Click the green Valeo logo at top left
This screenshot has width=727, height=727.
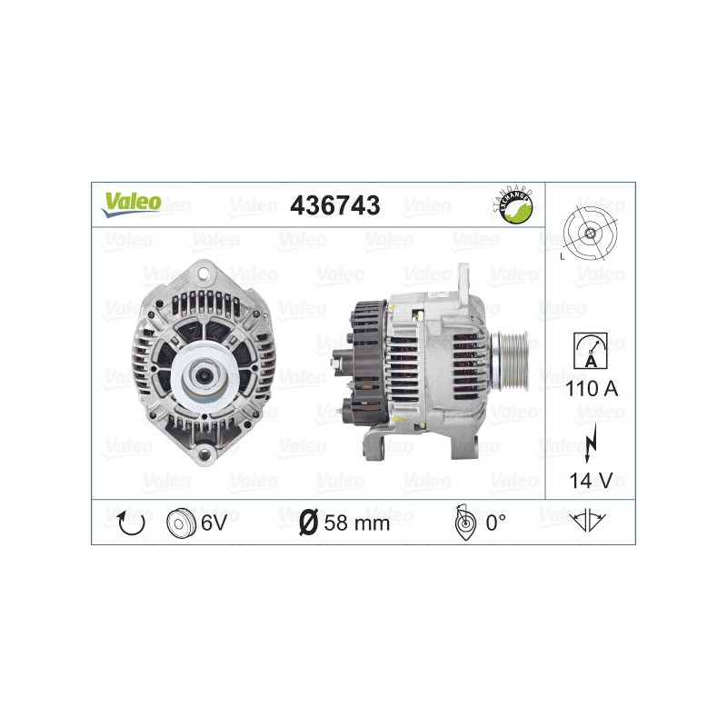coord(131,204)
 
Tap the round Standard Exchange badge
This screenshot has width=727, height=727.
coord(512,205)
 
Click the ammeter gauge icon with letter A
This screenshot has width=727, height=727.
coord(591,350)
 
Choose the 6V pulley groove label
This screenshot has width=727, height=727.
coord(214,523)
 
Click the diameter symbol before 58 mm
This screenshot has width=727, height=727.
coord(308,523)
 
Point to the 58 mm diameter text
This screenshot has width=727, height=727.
coord(357,523)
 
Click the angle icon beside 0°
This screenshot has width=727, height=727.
coord(464,522)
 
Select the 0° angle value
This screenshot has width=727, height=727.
coord(496,523)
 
